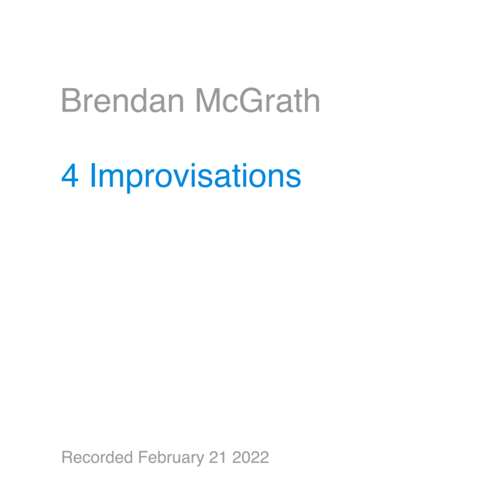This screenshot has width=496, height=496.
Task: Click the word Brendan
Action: (x=122, y=100)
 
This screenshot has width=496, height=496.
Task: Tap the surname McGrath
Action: (x=258, y=100)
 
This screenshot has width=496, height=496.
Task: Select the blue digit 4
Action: (x=70, y=175)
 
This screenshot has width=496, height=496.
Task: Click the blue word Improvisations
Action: (x=195, y=177)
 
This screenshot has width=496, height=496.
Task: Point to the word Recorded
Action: (x=97, y=457)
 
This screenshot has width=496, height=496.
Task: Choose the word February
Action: (x=171, y=458)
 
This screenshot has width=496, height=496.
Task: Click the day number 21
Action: (x=218, y=458)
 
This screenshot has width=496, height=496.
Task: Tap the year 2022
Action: (x=250, y=458)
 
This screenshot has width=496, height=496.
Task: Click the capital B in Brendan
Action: (x=70, y=100)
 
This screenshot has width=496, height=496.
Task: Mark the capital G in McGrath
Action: (x=251, y=100)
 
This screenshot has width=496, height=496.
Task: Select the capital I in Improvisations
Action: (x=93, y=175)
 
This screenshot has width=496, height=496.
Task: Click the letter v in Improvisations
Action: (x=188, y=179)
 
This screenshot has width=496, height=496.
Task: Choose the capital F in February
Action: (x=143, y=458)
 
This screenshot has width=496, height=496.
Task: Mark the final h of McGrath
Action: (x=312, y=100)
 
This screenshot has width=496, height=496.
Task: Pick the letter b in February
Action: (x=163, y=458)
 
